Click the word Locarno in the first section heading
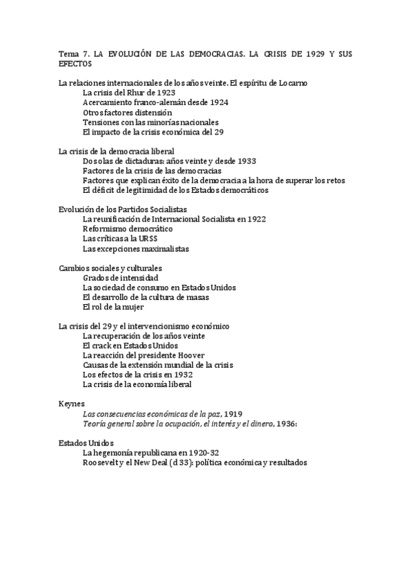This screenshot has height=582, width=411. tap(293, 82)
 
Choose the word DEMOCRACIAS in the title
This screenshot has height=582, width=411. tap(200, 53)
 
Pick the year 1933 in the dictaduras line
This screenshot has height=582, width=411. tap(244, 161)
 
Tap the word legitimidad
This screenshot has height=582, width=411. tap(152, 189)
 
